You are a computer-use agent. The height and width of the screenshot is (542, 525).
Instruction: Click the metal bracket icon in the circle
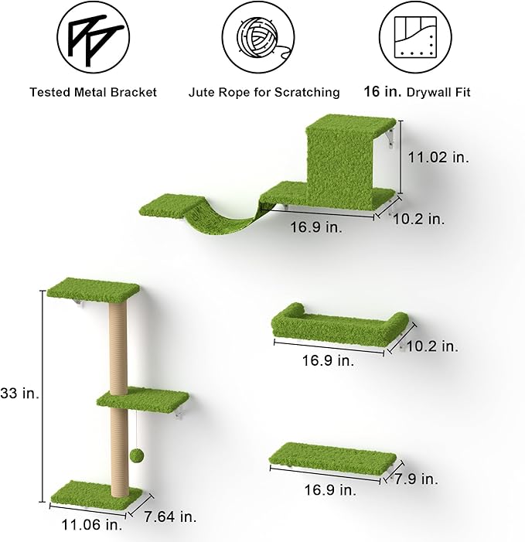click(93, 37)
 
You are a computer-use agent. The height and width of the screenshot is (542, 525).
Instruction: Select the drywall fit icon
click(417, 37)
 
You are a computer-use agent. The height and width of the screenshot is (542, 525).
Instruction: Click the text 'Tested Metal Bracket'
click(93, 92)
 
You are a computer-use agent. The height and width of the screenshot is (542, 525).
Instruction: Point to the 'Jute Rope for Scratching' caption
click(264, 92)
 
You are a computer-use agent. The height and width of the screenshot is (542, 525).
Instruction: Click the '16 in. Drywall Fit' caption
click(418, 92)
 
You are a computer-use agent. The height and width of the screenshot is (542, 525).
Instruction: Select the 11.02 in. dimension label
click(438, 157)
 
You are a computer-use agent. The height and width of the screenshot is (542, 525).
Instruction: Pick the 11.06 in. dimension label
click(87, 526)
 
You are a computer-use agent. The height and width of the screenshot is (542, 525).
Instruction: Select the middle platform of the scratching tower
click(143, 399)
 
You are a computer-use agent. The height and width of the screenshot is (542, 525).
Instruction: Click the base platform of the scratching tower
click(94, 492)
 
